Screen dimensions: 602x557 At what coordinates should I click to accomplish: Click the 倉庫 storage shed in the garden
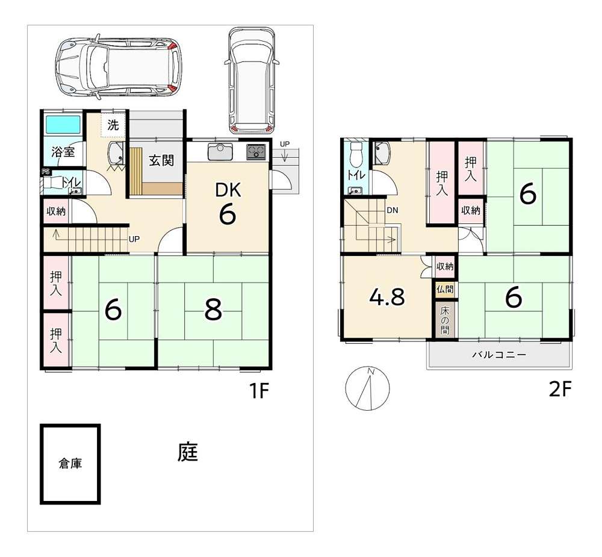point(70,464)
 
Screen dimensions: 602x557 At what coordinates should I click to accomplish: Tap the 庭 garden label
point(187,452)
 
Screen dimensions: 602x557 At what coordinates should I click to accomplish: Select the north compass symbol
point(367,388)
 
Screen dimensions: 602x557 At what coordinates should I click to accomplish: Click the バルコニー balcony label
point(499,355)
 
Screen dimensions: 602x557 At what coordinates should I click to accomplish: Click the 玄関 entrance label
point(161,160)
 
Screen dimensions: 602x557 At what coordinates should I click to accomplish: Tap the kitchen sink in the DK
point(220,152)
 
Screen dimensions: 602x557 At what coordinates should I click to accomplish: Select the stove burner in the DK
point(256,152)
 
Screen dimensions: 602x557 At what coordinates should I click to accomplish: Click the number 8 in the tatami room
point(213,310)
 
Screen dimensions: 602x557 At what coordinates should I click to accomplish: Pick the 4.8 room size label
point(386,297)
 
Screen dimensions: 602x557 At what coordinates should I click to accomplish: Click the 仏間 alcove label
point(445,289)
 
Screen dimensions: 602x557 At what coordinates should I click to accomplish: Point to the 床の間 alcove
point(445,320)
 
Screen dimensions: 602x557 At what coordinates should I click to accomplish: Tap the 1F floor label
point(259,391)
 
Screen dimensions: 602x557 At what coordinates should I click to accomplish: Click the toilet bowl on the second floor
point(356,152)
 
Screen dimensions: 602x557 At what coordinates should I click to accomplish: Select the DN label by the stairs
point(393,211)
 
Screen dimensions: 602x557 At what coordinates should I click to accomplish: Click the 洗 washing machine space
point(113,125)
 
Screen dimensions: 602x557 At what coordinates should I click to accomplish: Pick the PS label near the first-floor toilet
point(46,172)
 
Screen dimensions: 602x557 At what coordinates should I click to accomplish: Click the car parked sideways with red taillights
point(119,67)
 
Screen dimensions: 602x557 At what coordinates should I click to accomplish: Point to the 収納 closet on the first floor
point(56,211)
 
